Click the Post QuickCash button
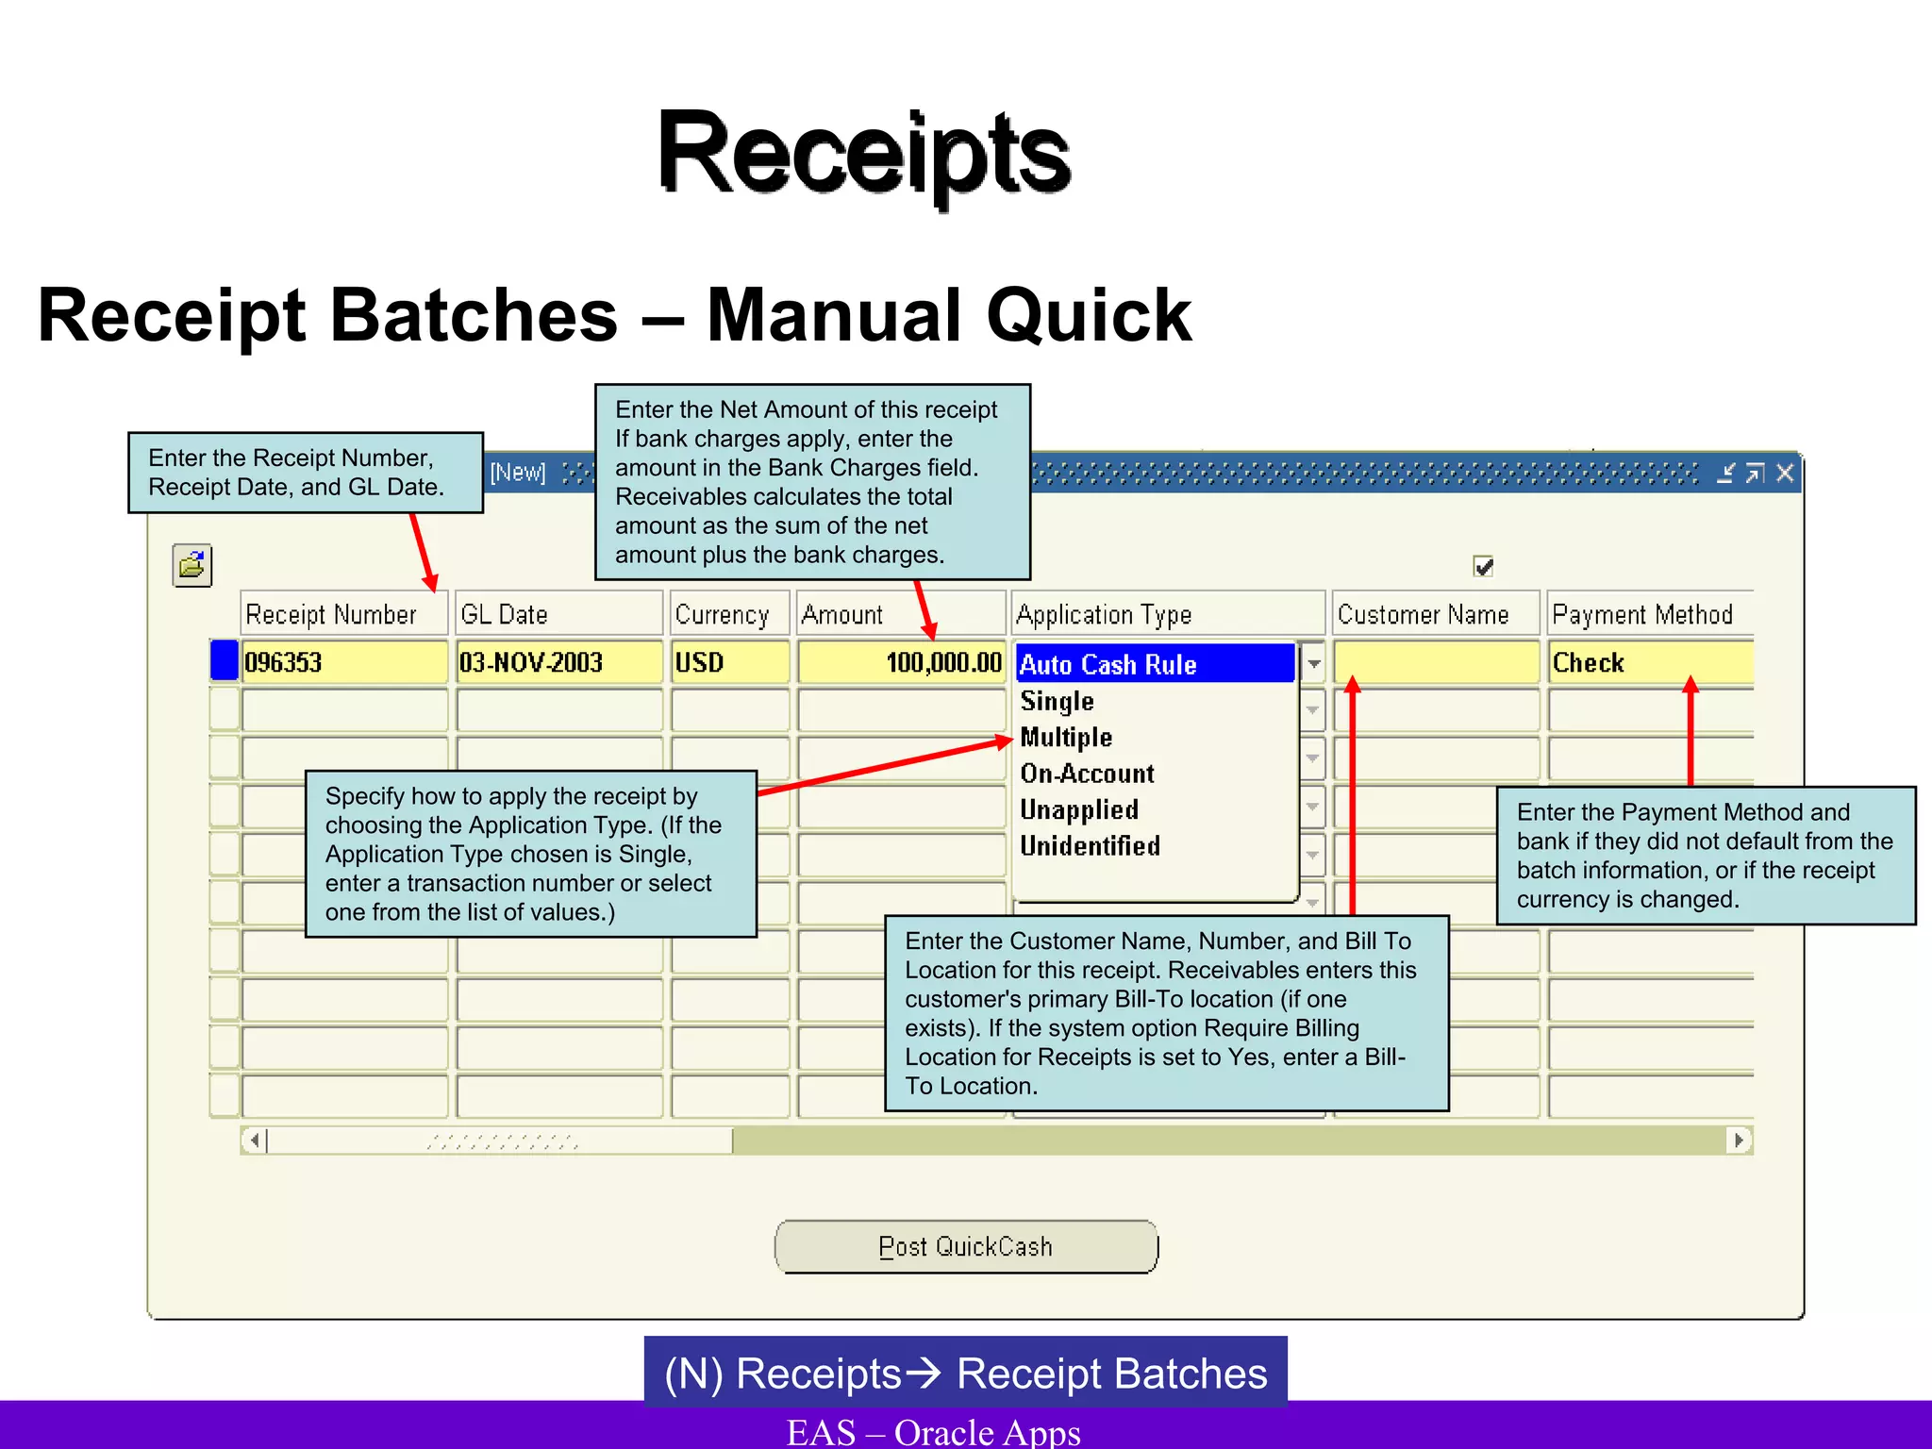[966, 1246]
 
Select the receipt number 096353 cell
[343, 662]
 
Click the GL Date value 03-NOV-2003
[558, 662]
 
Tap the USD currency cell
[729, 662]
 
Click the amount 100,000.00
[901, 662]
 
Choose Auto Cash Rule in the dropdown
[1153, 664]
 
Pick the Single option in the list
[1058, 701]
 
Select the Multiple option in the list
[1066, 738]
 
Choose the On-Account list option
[1087, 774]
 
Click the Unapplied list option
[1079, 809]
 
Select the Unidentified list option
[1090, 846]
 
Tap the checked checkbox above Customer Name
[1483, 566]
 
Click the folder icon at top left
[192, 565]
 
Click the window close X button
[1785, 473]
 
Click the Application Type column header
[1168, 614]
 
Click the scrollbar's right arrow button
[1739, 1140]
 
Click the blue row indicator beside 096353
[224, 660]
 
